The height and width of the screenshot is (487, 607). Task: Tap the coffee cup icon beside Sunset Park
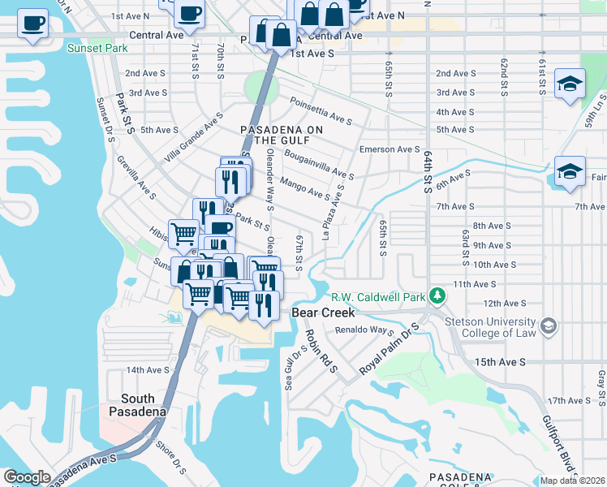point(32,23)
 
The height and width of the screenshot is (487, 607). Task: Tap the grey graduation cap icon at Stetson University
point(549,326)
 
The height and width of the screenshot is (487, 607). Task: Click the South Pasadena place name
point(138,404)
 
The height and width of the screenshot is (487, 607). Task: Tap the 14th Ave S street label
point(146,370)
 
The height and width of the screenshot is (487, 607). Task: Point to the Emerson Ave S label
point(390,149)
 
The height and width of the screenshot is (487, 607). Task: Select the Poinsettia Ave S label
point(321,110)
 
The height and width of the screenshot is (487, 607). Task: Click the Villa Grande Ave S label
point(192,138)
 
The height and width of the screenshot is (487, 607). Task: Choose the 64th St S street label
point(426,171)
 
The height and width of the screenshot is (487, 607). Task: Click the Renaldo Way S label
point(364,331)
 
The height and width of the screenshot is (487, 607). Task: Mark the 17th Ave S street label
point(568,401)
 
